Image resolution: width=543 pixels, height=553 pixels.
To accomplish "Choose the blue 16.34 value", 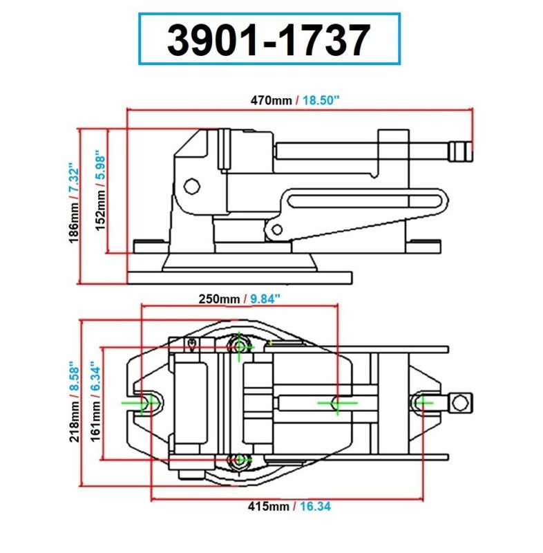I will pos(315,507).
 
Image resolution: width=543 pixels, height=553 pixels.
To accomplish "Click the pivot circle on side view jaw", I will pos(191,186).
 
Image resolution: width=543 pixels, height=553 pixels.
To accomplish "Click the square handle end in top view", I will pos(459,401).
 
